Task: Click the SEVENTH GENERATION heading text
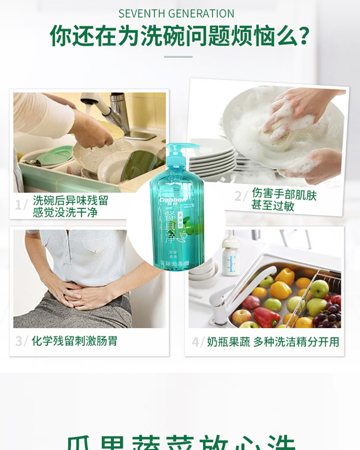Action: [x=176, y=13]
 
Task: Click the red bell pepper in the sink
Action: [x=266, y=317]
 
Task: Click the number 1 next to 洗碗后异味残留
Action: [x=19, y=205]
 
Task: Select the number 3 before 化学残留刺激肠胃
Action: [x=19, y=341]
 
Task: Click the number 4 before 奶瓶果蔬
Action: [x=196, y=342]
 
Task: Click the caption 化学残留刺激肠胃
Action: [x=74, y=341]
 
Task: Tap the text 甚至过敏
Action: [x=272, y=206]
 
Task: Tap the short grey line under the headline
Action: [x=178, y=57]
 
